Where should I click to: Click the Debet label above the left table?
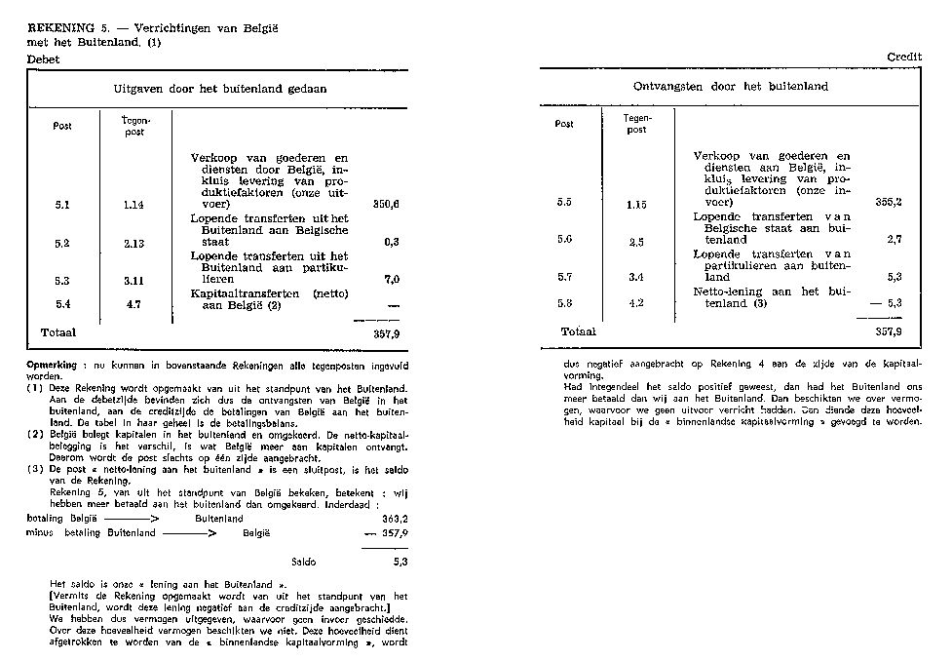point(44,58)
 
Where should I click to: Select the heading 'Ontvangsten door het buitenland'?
point(731,86)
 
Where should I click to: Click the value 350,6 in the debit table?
point(387,206)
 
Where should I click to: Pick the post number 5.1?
point(61,206)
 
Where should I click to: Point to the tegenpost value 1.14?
point(134,206)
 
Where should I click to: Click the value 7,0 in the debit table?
point(392,280)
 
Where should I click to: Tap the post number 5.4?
point(61,304)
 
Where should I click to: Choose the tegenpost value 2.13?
point(134,243)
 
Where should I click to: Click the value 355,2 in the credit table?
point(888,202)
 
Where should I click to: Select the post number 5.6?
point(564,239)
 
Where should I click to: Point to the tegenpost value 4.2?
point(635,302)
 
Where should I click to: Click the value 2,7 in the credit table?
point(894,239)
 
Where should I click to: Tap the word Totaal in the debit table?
point(57,332)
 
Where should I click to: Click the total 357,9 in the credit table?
point(888,331)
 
